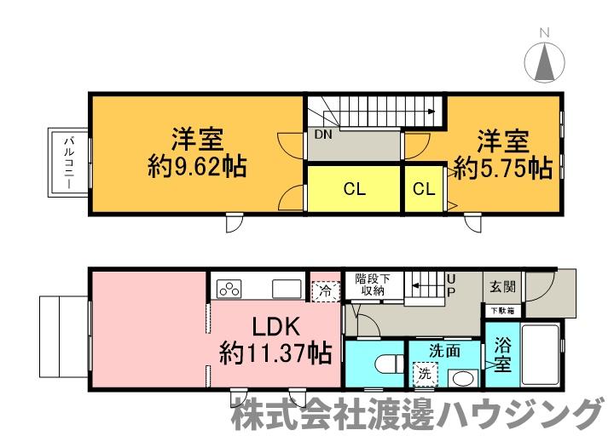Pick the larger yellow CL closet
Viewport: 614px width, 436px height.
[354, 190]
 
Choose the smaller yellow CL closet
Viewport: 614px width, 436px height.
[424, 190]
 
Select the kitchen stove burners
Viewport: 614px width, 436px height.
[229, 289]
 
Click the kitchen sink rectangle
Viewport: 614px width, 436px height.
[286, 289]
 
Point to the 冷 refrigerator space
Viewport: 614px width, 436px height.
[325, 290]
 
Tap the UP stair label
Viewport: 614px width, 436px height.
[451, 285]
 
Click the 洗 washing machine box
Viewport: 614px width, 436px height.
[424, 373]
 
